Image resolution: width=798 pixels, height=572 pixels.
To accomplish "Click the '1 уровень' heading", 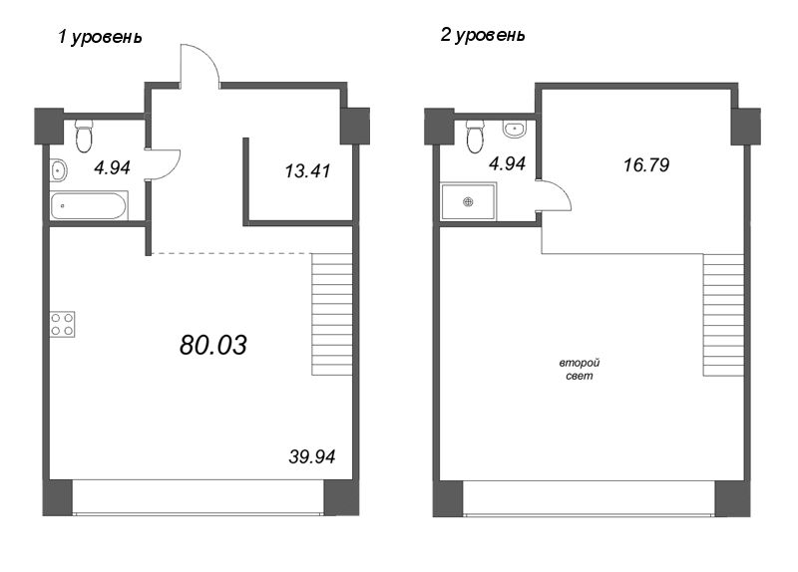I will click(x=101, y=37).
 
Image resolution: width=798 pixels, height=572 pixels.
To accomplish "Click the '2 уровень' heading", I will click(x=483, y=35).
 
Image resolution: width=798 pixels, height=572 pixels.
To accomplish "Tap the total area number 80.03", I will click(x=213, y=345).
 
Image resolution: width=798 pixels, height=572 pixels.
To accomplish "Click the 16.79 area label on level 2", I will click(x=639, y=163).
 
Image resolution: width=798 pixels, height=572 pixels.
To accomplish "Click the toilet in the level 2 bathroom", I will click(x=475, y=134).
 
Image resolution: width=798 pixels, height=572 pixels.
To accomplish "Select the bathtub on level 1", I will click(x=88, y=207).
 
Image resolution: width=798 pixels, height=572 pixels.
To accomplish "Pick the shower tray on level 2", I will click(x=467, y=202).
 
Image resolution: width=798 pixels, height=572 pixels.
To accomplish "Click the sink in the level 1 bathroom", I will click(x=58, y=170).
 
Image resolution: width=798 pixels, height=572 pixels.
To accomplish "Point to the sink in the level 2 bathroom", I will click(x=515, y=129).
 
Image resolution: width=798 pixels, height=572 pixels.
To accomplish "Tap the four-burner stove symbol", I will click(x=62, y=324).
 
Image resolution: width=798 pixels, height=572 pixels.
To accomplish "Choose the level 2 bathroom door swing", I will click(x=554, y=195).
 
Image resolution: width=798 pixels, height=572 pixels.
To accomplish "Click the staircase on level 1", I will click(x=332, y=313).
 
